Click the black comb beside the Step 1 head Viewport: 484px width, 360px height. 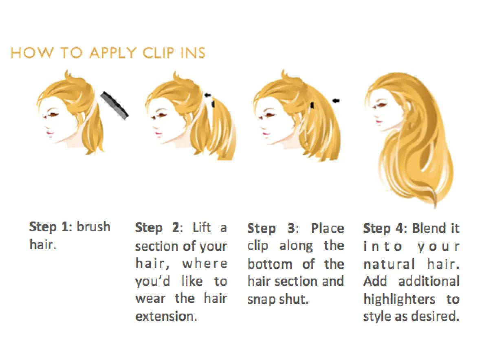coord(114,105)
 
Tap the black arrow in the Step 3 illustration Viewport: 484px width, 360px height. coord(336,101)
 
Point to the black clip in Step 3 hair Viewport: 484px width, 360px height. coord(312,105)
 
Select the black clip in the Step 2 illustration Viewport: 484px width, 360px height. coord(213,103)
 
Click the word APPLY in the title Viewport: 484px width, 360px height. coord(113,53)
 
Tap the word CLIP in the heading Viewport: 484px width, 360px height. coord(158,53)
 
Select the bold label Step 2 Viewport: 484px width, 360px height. coord(157,228)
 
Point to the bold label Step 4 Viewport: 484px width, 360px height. coord(383,228)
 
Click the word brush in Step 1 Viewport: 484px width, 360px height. coord(94,227)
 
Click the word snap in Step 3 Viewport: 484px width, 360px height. coord(262,300)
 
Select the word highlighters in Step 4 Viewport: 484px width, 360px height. coord(399,300)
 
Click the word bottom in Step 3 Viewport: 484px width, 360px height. coord(270,264)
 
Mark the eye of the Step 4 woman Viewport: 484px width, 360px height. coord(380,106)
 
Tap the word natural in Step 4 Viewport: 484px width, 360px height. coord(389,264)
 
